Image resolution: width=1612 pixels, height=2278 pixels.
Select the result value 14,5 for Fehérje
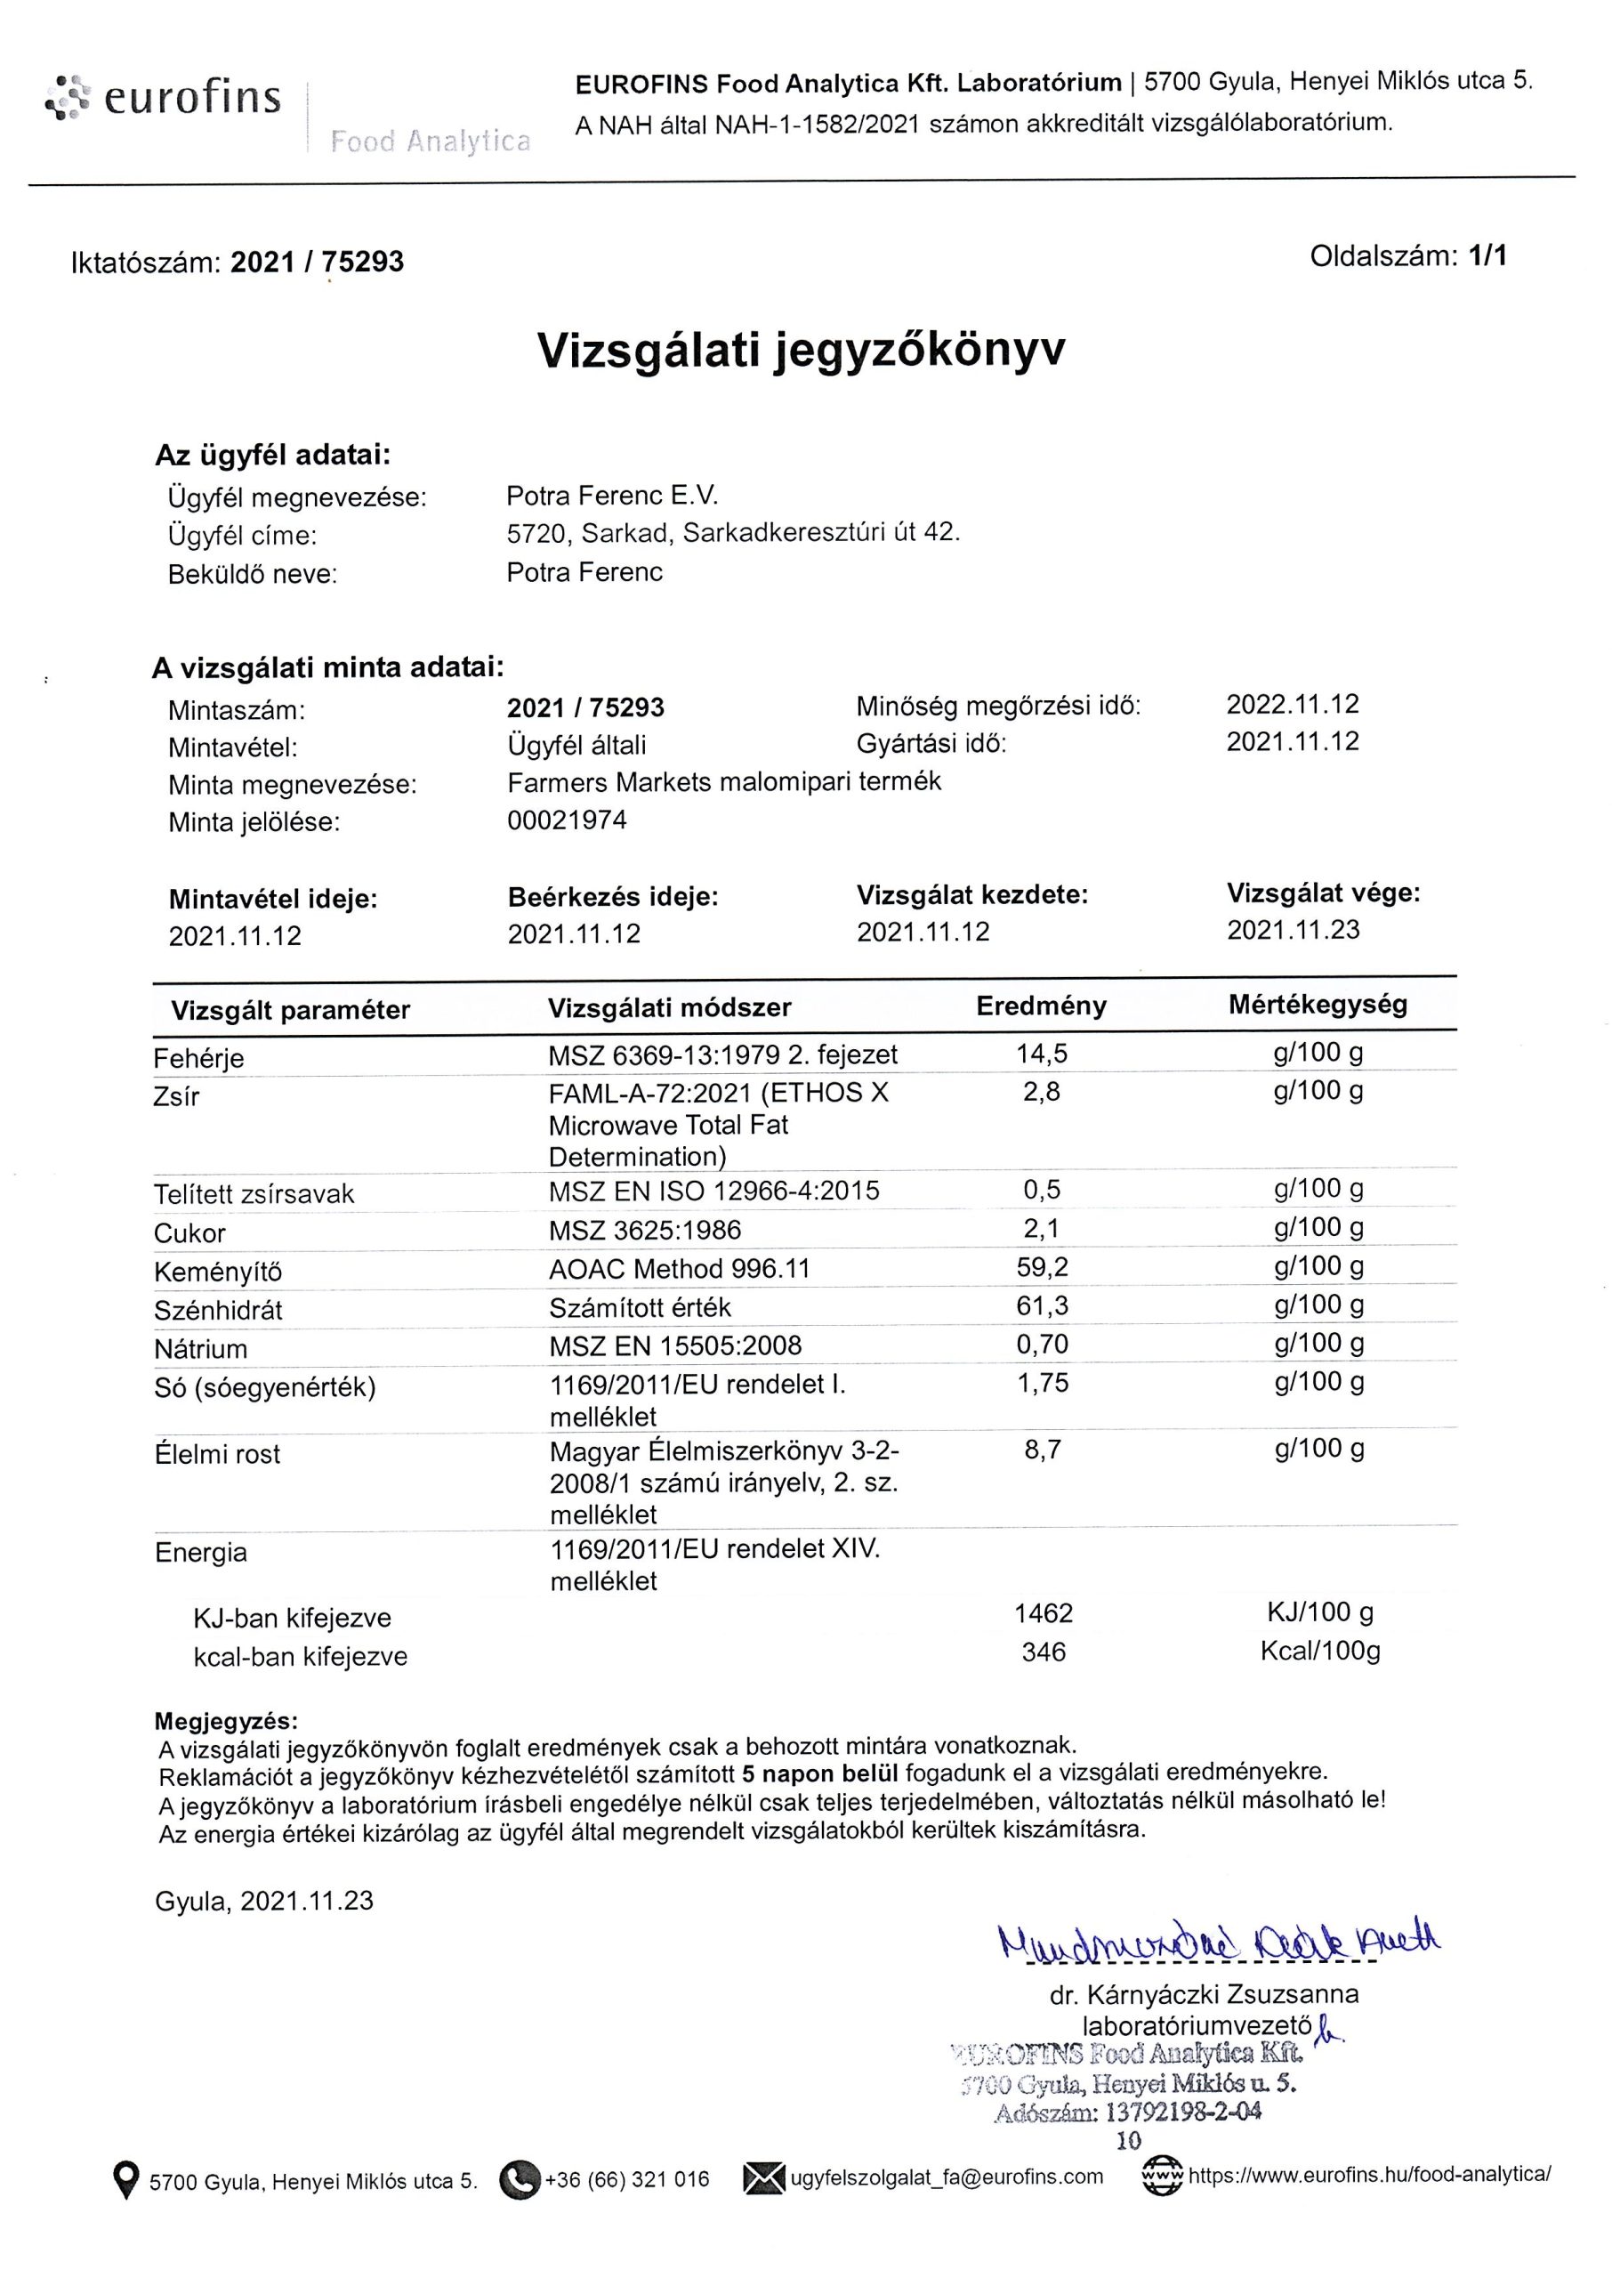(x=1041, y=1054)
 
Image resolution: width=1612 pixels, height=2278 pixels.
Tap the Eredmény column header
(x=1041, y=1006)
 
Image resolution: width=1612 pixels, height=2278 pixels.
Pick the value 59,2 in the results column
(x=1041, y=1266)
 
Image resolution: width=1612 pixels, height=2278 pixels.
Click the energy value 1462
(x=1044, y=1613)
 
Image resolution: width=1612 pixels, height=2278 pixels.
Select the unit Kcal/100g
(x=1319, y=1651)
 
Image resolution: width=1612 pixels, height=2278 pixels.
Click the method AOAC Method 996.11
(x=679, y=1269)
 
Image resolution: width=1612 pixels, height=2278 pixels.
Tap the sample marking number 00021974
(x=567, y=820)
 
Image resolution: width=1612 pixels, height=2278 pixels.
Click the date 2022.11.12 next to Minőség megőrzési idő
(x=1293, y=705)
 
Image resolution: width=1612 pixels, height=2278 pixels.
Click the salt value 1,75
(x=1043, y=1383)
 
